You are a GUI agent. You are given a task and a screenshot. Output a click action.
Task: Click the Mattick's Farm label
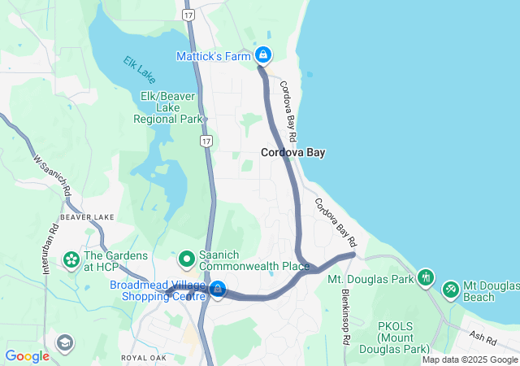214,56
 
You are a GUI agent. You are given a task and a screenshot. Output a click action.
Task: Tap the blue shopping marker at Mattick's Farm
263,55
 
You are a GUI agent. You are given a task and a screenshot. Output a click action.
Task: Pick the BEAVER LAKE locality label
87,218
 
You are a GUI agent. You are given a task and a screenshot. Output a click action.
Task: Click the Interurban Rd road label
53,243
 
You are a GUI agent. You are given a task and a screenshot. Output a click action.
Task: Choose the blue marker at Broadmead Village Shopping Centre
218,289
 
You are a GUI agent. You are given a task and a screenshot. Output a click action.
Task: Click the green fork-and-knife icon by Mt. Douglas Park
426,278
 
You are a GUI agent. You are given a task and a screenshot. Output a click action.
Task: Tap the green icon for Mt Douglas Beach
450,289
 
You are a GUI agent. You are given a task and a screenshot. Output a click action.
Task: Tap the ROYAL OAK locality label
145,357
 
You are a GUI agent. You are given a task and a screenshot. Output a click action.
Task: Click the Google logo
28,356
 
